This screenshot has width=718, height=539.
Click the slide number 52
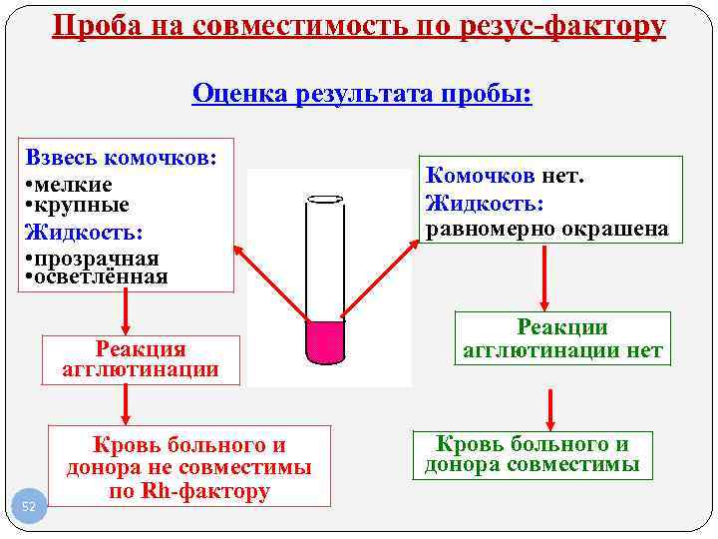[x=28, y=507]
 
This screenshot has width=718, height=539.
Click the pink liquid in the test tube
[x=324, y=341]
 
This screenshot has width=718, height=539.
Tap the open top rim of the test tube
[x=324, y=199]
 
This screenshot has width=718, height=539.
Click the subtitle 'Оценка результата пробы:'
[x=363, y=94]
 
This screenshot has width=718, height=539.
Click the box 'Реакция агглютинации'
[x=141, y=359]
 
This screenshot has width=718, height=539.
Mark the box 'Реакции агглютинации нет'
[x=562, y=339]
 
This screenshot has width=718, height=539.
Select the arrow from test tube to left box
[x=272, y=281]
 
